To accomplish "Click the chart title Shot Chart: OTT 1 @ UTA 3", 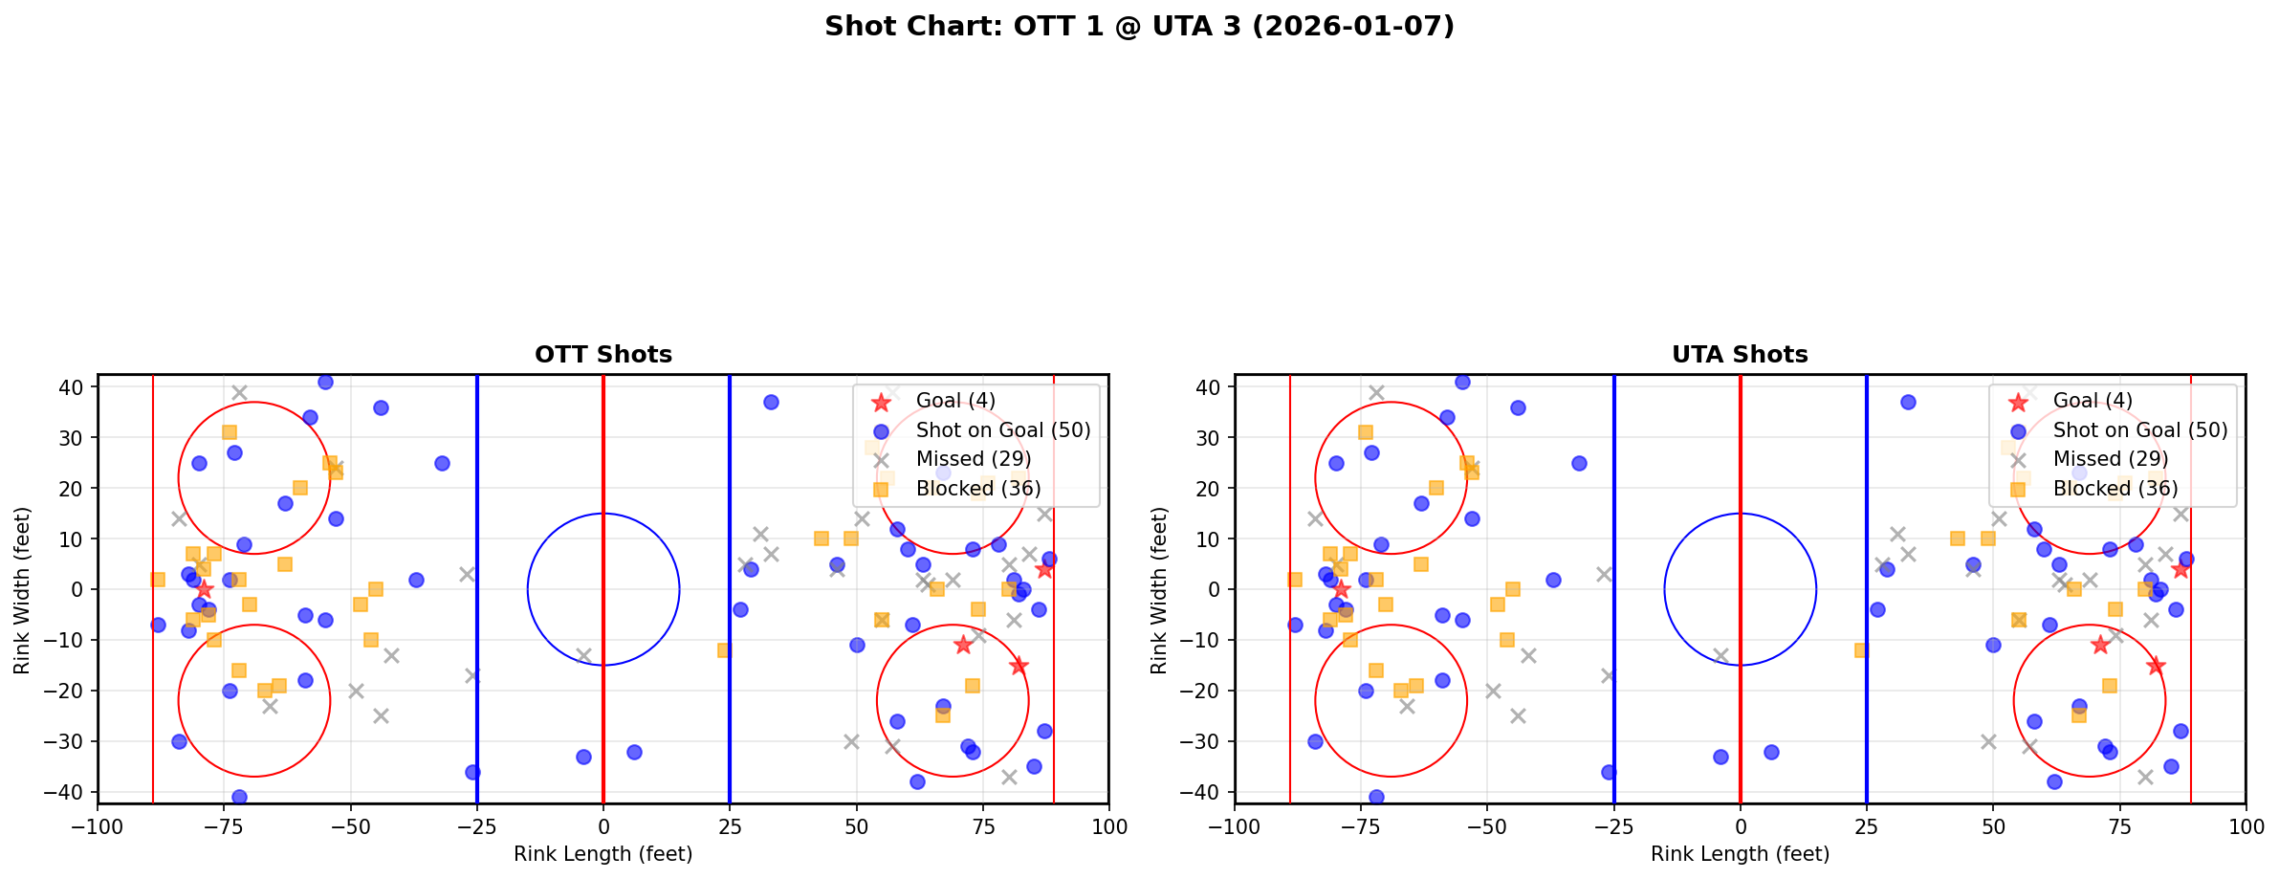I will pyautogui.click(x=1139, y=26).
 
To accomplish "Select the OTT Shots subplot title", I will pyautogui.click(x=603, y=355).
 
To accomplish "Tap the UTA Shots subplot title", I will pyautogui.click(x=1740, y=355).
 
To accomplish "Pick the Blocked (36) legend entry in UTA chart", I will pyautogui.click(x=2115, y=489).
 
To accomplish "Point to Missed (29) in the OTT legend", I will pyautogui.click(x=973, y=460).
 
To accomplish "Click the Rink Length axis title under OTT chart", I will pyautogui.click(x=603, y=854).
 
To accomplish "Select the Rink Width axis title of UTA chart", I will pyautogui.click(x=1158, y=589).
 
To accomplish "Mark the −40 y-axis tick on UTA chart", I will pyautogui.click(x=1208, y=792).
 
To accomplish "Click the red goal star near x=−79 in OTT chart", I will pyautogui.click(x=204, y=589).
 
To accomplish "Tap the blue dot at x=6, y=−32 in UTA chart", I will pyautogui.click(x=1771, y=752).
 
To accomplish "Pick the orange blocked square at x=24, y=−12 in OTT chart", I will pyautogui.click(x=724, y=650).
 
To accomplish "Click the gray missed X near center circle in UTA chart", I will pyautogui.click(x=1720, y=655).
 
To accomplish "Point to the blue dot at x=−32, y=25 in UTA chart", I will pyautogui.click(x=1579, y=463).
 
